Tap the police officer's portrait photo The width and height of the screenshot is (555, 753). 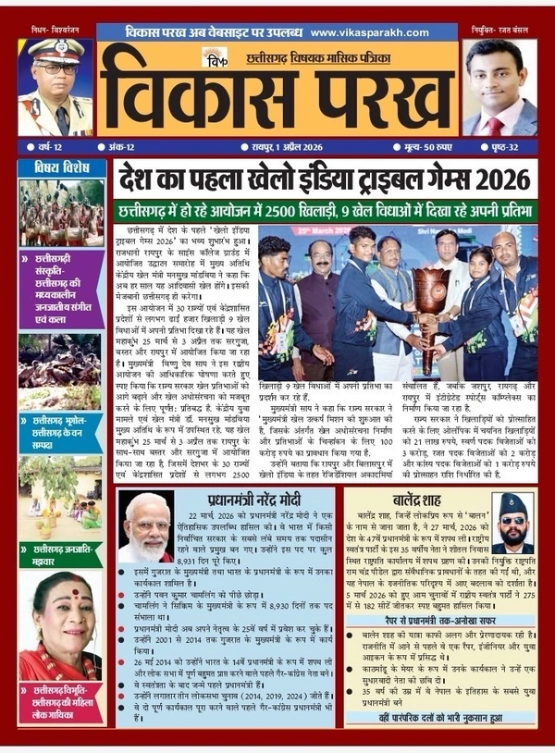coord(53,88)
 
